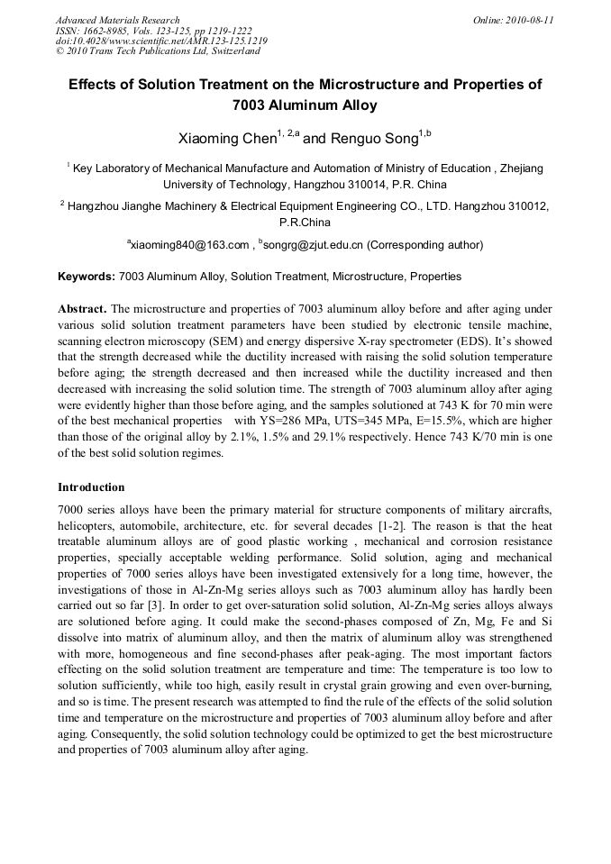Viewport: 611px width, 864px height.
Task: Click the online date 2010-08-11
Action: pyautogui.click(x=526, y=20)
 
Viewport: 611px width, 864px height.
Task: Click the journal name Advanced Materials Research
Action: pyautogui.click(x=118, y=20)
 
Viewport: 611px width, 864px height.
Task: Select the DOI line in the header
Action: pyautogui.click(x=161, y=41)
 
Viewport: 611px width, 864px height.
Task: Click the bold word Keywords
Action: pyautogui.click(x=87, y=277)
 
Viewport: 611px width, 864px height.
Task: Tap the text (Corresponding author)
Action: pyautogui.click(x=425, y=245)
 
